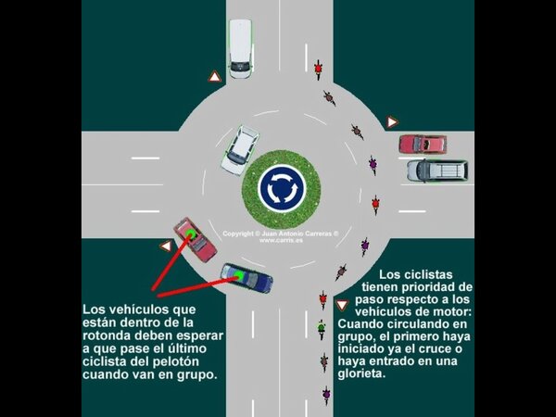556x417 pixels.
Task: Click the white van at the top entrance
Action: (x=241, y=48)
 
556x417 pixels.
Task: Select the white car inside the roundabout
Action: (x=240, y=149)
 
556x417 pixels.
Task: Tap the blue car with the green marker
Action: (x=246, y=277)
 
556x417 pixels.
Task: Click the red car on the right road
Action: (x=423, y=144)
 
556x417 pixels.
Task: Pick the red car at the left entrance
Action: (x=196, y=238)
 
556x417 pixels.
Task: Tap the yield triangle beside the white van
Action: (x=214, y=77)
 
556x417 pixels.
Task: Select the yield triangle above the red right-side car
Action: (x=392, y=122)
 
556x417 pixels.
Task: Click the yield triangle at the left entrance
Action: (x=166, y=246)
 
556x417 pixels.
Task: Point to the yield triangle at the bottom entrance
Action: (x=342, y=305)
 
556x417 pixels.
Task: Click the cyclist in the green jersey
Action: (x=322, y=329)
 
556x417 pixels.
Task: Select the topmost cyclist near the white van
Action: (x=318, y=68)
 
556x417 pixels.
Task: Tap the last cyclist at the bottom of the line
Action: (x=325, y=394)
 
